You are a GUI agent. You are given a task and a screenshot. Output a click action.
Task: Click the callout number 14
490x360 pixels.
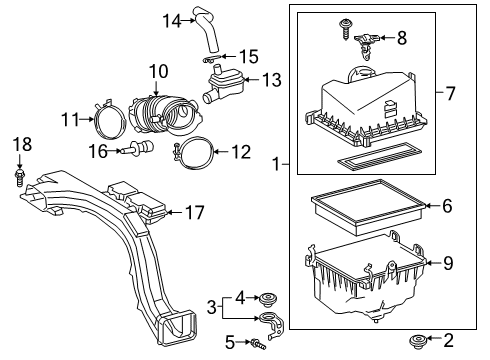[x=172, y=19]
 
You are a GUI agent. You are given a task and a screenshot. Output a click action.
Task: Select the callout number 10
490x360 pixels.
[x=159, y=72]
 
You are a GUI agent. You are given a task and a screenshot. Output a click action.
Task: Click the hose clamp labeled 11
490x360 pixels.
[x=107, y=120]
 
